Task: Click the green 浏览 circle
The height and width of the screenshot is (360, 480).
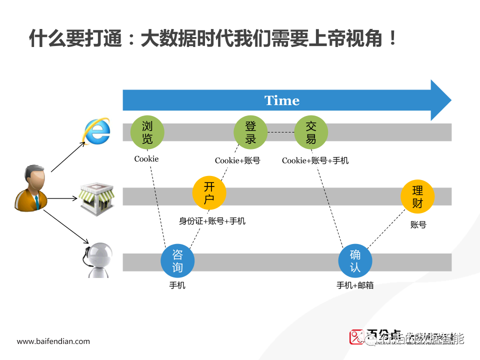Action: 147,132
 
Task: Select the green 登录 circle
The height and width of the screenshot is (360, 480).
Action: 250,132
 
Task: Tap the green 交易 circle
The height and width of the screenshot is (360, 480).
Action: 311,132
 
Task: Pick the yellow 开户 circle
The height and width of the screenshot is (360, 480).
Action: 209,193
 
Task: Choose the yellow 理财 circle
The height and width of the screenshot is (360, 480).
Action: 417,196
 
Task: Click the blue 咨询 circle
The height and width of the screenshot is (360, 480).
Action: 177,260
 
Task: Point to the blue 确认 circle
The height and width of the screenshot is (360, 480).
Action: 355,260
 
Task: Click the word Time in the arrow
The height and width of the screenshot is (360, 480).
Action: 282,100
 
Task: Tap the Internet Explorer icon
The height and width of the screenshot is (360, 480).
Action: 96,131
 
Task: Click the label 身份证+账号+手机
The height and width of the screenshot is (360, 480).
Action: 212,221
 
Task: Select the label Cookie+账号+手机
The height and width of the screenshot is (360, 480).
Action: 315,160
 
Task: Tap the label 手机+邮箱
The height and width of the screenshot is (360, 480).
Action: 355,285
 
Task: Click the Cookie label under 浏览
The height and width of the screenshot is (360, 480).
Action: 146,159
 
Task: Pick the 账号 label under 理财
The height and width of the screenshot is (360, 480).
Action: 418,225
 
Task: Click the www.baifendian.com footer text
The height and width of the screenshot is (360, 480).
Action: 53,341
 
